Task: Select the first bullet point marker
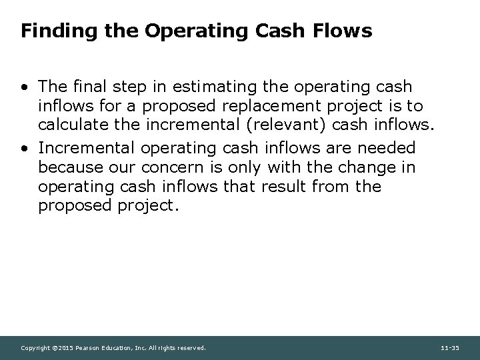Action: point(25,87)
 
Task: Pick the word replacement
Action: point(249,107)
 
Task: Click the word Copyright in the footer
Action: point(36,348)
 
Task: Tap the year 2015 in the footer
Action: point(66,348)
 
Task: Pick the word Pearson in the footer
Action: point(89,348)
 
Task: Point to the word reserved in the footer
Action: point(191,348)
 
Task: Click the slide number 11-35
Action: point(450,348)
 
